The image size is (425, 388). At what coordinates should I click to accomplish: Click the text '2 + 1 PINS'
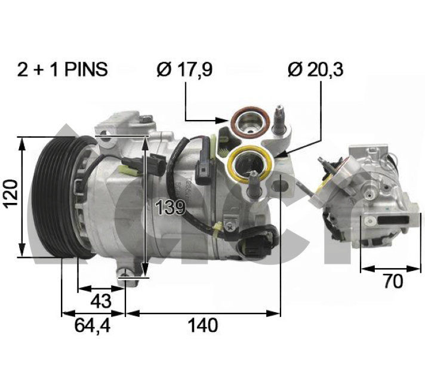point(63,69)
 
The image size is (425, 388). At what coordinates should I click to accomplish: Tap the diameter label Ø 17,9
point(184,70)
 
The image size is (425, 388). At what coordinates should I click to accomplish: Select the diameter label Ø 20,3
point(316,70)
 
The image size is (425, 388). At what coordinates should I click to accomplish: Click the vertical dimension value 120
point(11,193)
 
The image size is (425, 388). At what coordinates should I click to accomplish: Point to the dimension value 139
point(170,208)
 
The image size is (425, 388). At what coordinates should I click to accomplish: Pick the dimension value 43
point(101,301)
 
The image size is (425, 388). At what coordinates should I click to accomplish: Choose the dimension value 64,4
point(93,325)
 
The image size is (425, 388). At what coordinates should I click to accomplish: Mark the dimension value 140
point(203,325)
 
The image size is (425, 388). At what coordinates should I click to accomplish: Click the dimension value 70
point(393,281)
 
